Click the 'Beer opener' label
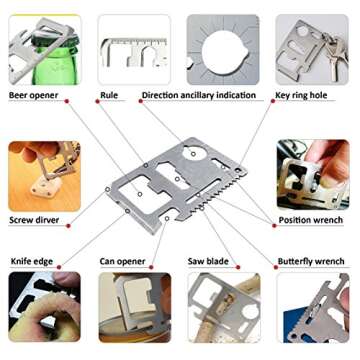click(33, 95)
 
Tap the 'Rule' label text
click(109, 95)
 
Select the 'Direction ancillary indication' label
click(199, 95)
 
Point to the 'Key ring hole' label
click(301, 95)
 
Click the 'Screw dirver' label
click(34, 220)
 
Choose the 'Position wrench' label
click(311, 220)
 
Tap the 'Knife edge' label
click(32, 261)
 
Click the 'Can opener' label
click(122, 262)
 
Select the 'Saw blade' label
click(208, 261)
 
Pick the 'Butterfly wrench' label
click(311, 261)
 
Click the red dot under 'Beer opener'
click(67, 101)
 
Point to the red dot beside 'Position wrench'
click(274, 226)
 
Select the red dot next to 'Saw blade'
click(238, 267)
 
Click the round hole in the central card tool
click(193, 153)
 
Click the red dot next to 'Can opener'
click(151, 267)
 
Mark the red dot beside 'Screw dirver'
click(68, 226)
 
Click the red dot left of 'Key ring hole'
click(273, 101)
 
